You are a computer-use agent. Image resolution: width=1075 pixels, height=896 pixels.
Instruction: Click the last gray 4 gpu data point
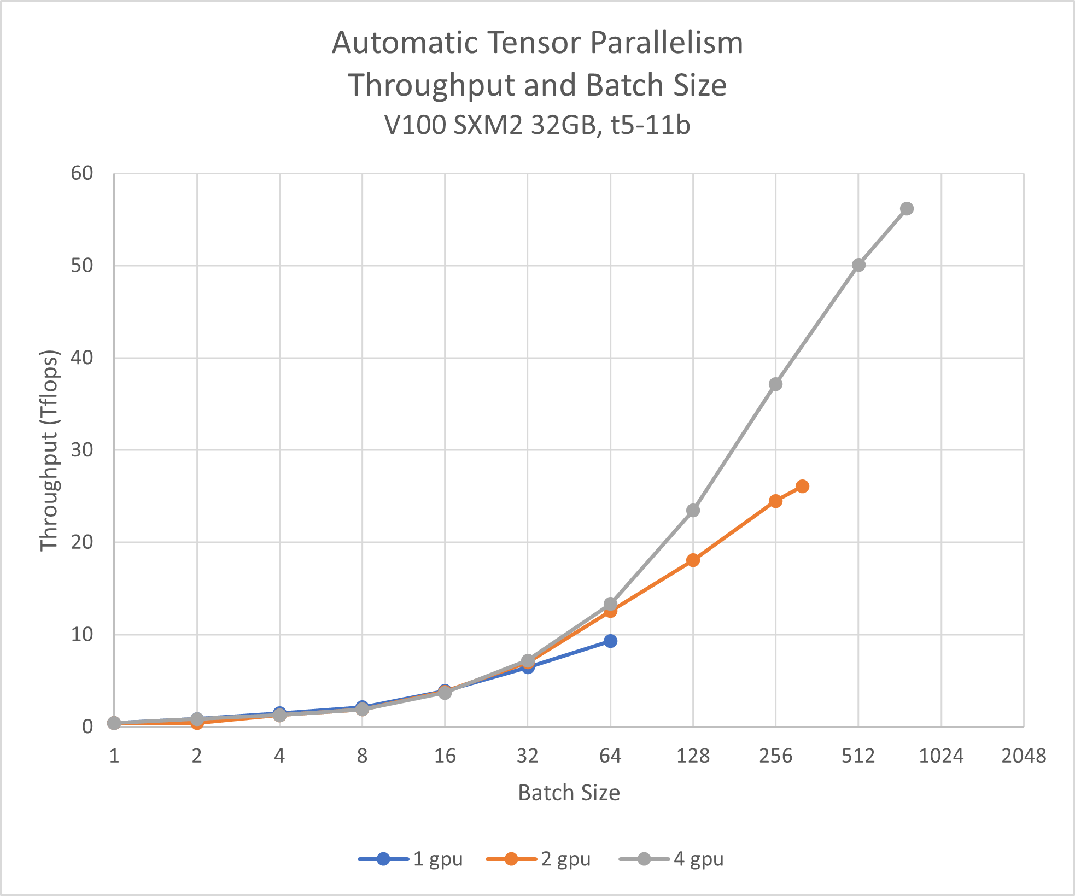(x=907, y=209)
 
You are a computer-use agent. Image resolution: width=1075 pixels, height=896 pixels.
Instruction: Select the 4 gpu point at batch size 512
(x=858, y=265)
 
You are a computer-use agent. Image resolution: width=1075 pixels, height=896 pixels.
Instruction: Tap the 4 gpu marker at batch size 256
(x=775, y=384)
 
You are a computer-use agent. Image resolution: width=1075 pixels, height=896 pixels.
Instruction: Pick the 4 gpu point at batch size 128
(x=693, y=511)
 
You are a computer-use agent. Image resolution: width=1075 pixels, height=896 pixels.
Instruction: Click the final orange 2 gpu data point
(x=802, y=487)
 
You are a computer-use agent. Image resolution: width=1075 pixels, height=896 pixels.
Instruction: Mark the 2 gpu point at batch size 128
(x=693, y=560)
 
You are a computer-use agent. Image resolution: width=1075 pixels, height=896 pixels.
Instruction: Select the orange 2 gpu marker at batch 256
(x=775, y=501)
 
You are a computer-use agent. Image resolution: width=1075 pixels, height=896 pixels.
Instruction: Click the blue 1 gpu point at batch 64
(x=611, y=641)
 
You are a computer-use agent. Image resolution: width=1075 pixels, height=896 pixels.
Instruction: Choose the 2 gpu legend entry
(x=539, y=859)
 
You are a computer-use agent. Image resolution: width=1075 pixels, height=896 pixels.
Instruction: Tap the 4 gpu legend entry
(x=671, y=859)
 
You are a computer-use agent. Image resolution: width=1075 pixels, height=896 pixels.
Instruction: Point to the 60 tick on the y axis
(x=82, y=173)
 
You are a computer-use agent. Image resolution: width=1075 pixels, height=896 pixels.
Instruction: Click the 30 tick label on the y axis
(x=82, y=450)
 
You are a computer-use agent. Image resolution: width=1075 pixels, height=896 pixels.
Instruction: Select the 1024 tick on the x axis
(x=941, y=756)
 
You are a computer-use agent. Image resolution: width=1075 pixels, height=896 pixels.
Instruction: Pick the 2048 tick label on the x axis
(x=1024, y=756)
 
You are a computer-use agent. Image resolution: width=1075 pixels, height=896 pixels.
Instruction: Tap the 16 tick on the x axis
(x=445, y=756)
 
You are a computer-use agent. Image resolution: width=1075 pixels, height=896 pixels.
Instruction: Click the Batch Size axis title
(x=569, y=793)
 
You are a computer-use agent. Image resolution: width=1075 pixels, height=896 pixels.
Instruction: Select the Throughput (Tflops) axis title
(x=49, y=450)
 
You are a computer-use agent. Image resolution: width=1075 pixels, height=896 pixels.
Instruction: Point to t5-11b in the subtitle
(x=651, y=125)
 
